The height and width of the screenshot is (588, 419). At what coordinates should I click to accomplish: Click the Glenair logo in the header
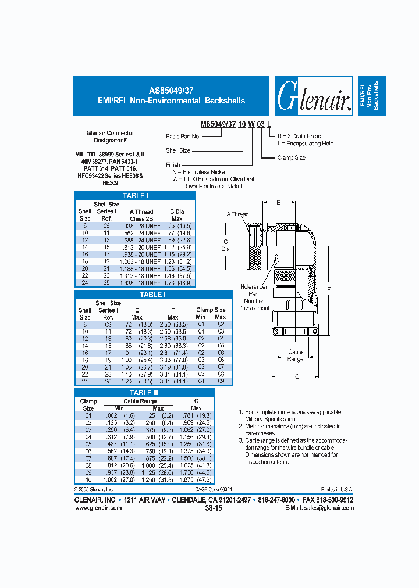click(x=314, y=96)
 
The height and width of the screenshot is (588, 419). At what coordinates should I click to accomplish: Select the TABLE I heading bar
click(x=135, y=196)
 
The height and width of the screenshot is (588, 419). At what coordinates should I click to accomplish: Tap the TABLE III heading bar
click(x=144, y=393)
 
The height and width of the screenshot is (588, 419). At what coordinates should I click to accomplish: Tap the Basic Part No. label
click(x=183, y=136)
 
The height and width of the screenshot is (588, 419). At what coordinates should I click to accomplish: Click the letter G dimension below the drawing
click(x=296, y=377)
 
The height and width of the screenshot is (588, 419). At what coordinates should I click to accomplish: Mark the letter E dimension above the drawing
click(x=278, y=202)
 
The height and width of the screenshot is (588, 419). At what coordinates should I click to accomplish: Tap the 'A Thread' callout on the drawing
click(x=237, y=214)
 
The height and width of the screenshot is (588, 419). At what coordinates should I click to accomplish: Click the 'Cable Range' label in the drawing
click(x=296, y=356)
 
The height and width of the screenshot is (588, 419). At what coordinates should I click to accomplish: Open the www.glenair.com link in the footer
click(x=98, y=508)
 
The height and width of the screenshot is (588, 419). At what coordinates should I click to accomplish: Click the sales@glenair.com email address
click(x=328, y=508)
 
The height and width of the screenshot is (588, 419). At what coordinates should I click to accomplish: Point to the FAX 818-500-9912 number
click(x=328, y=500)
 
